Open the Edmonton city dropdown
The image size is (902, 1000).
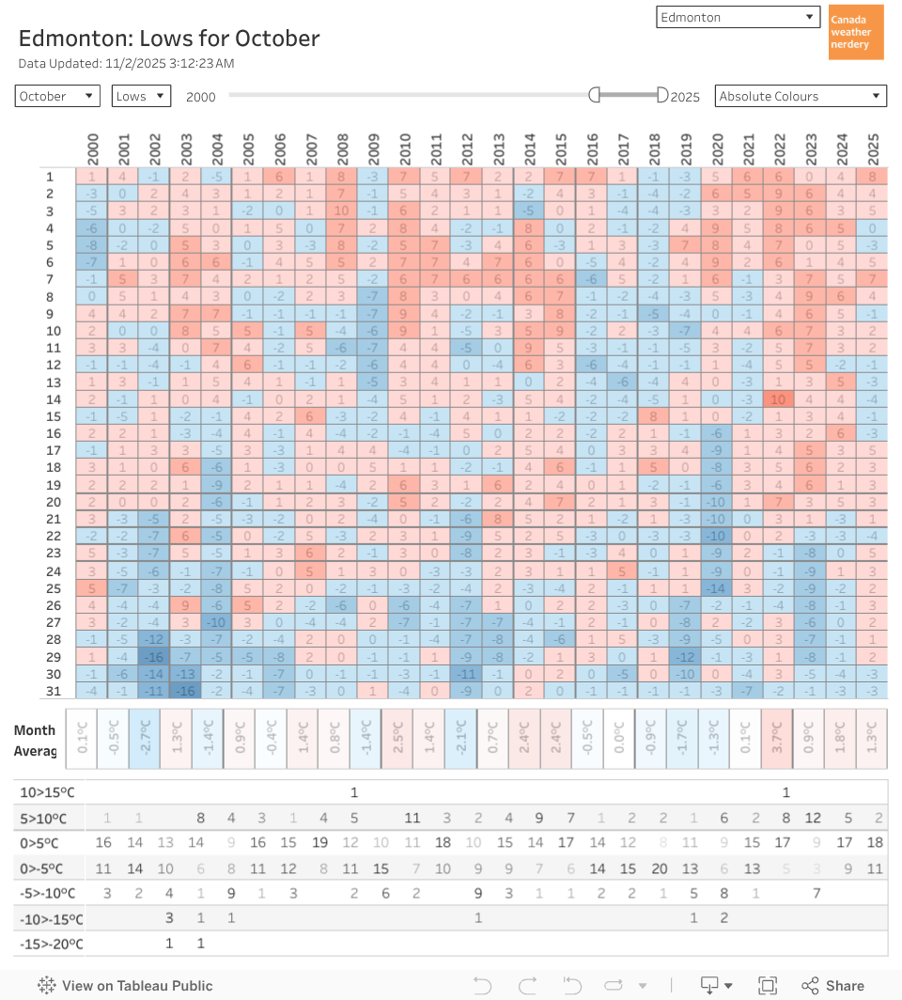(x=739, y=17)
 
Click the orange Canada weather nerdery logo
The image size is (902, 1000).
(x=856, y=32)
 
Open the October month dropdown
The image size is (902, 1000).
(x=57, y=96)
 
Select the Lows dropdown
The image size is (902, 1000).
(x=141, y=96)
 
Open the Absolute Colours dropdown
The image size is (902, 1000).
(x=801, y=96)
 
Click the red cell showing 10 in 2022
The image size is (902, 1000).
(x=779, y=398)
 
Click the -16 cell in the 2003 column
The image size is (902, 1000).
(x=186, y=691)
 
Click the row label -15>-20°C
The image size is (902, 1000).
(x=52, y=944)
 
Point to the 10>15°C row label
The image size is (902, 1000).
(x=49, y=792)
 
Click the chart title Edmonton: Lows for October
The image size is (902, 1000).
(x=169, y=39)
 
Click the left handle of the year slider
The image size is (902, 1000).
(x=594, y=95)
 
